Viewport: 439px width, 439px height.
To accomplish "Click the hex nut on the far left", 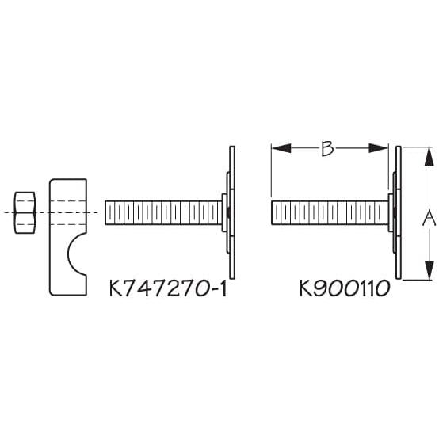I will (25, 212).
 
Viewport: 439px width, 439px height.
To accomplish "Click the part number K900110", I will (343, 289).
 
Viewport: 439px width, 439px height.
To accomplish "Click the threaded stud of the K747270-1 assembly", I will (162, 212).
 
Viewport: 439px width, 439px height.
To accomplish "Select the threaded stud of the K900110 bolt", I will (329, 212).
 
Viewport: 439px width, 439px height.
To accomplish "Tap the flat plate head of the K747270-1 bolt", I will (232, 212).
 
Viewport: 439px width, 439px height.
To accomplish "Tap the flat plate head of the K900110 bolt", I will (399, 212).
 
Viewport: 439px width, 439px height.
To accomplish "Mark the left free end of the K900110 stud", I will (273, 212).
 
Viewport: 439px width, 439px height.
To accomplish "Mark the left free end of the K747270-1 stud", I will (106, 212).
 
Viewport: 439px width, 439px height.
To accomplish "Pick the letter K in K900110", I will (306, 289).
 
